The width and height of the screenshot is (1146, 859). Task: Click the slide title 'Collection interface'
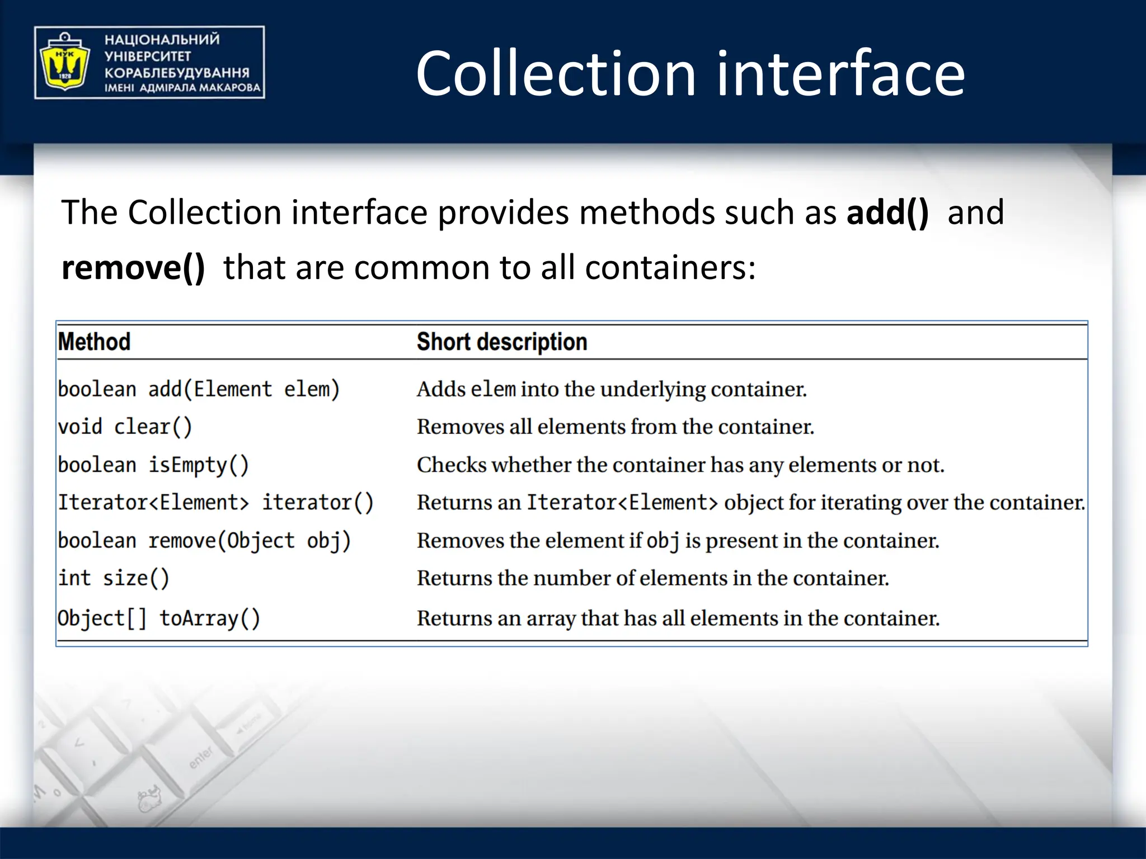tap(690, 73)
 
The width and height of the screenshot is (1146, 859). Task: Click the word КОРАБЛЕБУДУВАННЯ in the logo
tap(177, 73)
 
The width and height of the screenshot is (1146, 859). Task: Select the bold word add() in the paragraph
tap(887, 213)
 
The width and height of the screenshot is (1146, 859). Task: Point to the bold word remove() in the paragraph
tap(133, 267)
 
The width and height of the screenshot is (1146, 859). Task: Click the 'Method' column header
tap(94, 342)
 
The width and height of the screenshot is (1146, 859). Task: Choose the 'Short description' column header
tap(502, 342)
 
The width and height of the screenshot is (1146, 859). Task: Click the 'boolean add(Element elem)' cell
tap(199, 389)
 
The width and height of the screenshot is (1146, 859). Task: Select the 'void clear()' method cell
tap(125, 427)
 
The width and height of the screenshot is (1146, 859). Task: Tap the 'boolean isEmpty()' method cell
tap(153, 465)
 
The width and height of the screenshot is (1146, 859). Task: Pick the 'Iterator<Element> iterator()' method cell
tap(215, 503)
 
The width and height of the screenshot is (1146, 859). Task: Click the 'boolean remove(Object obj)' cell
tap(204, 541)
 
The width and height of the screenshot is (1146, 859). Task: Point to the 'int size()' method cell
tap(113, 578)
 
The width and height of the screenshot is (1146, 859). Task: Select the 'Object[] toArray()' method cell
tap(159, 619)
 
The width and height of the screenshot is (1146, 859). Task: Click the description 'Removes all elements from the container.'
tap(616, 427)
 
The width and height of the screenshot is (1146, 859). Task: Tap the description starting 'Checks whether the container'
tap(680, 465)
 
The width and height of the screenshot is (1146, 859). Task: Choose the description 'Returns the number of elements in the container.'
tap(652, 578)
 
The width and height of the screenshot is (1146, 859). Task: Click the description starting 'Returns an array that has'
tap(678, 619)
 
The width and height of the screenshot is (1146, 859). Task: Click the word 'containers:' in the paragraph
tap(670, 267)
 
